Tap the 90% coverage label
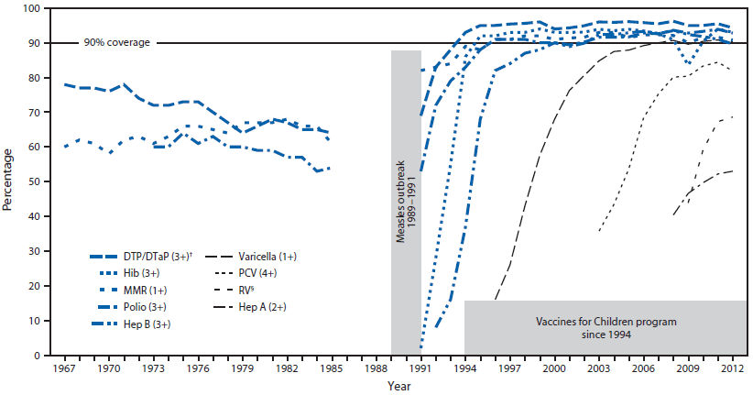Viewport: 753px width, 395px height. [x=116, y=42]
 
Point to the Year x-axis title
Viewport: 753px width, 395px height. [x=399, y=387]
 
